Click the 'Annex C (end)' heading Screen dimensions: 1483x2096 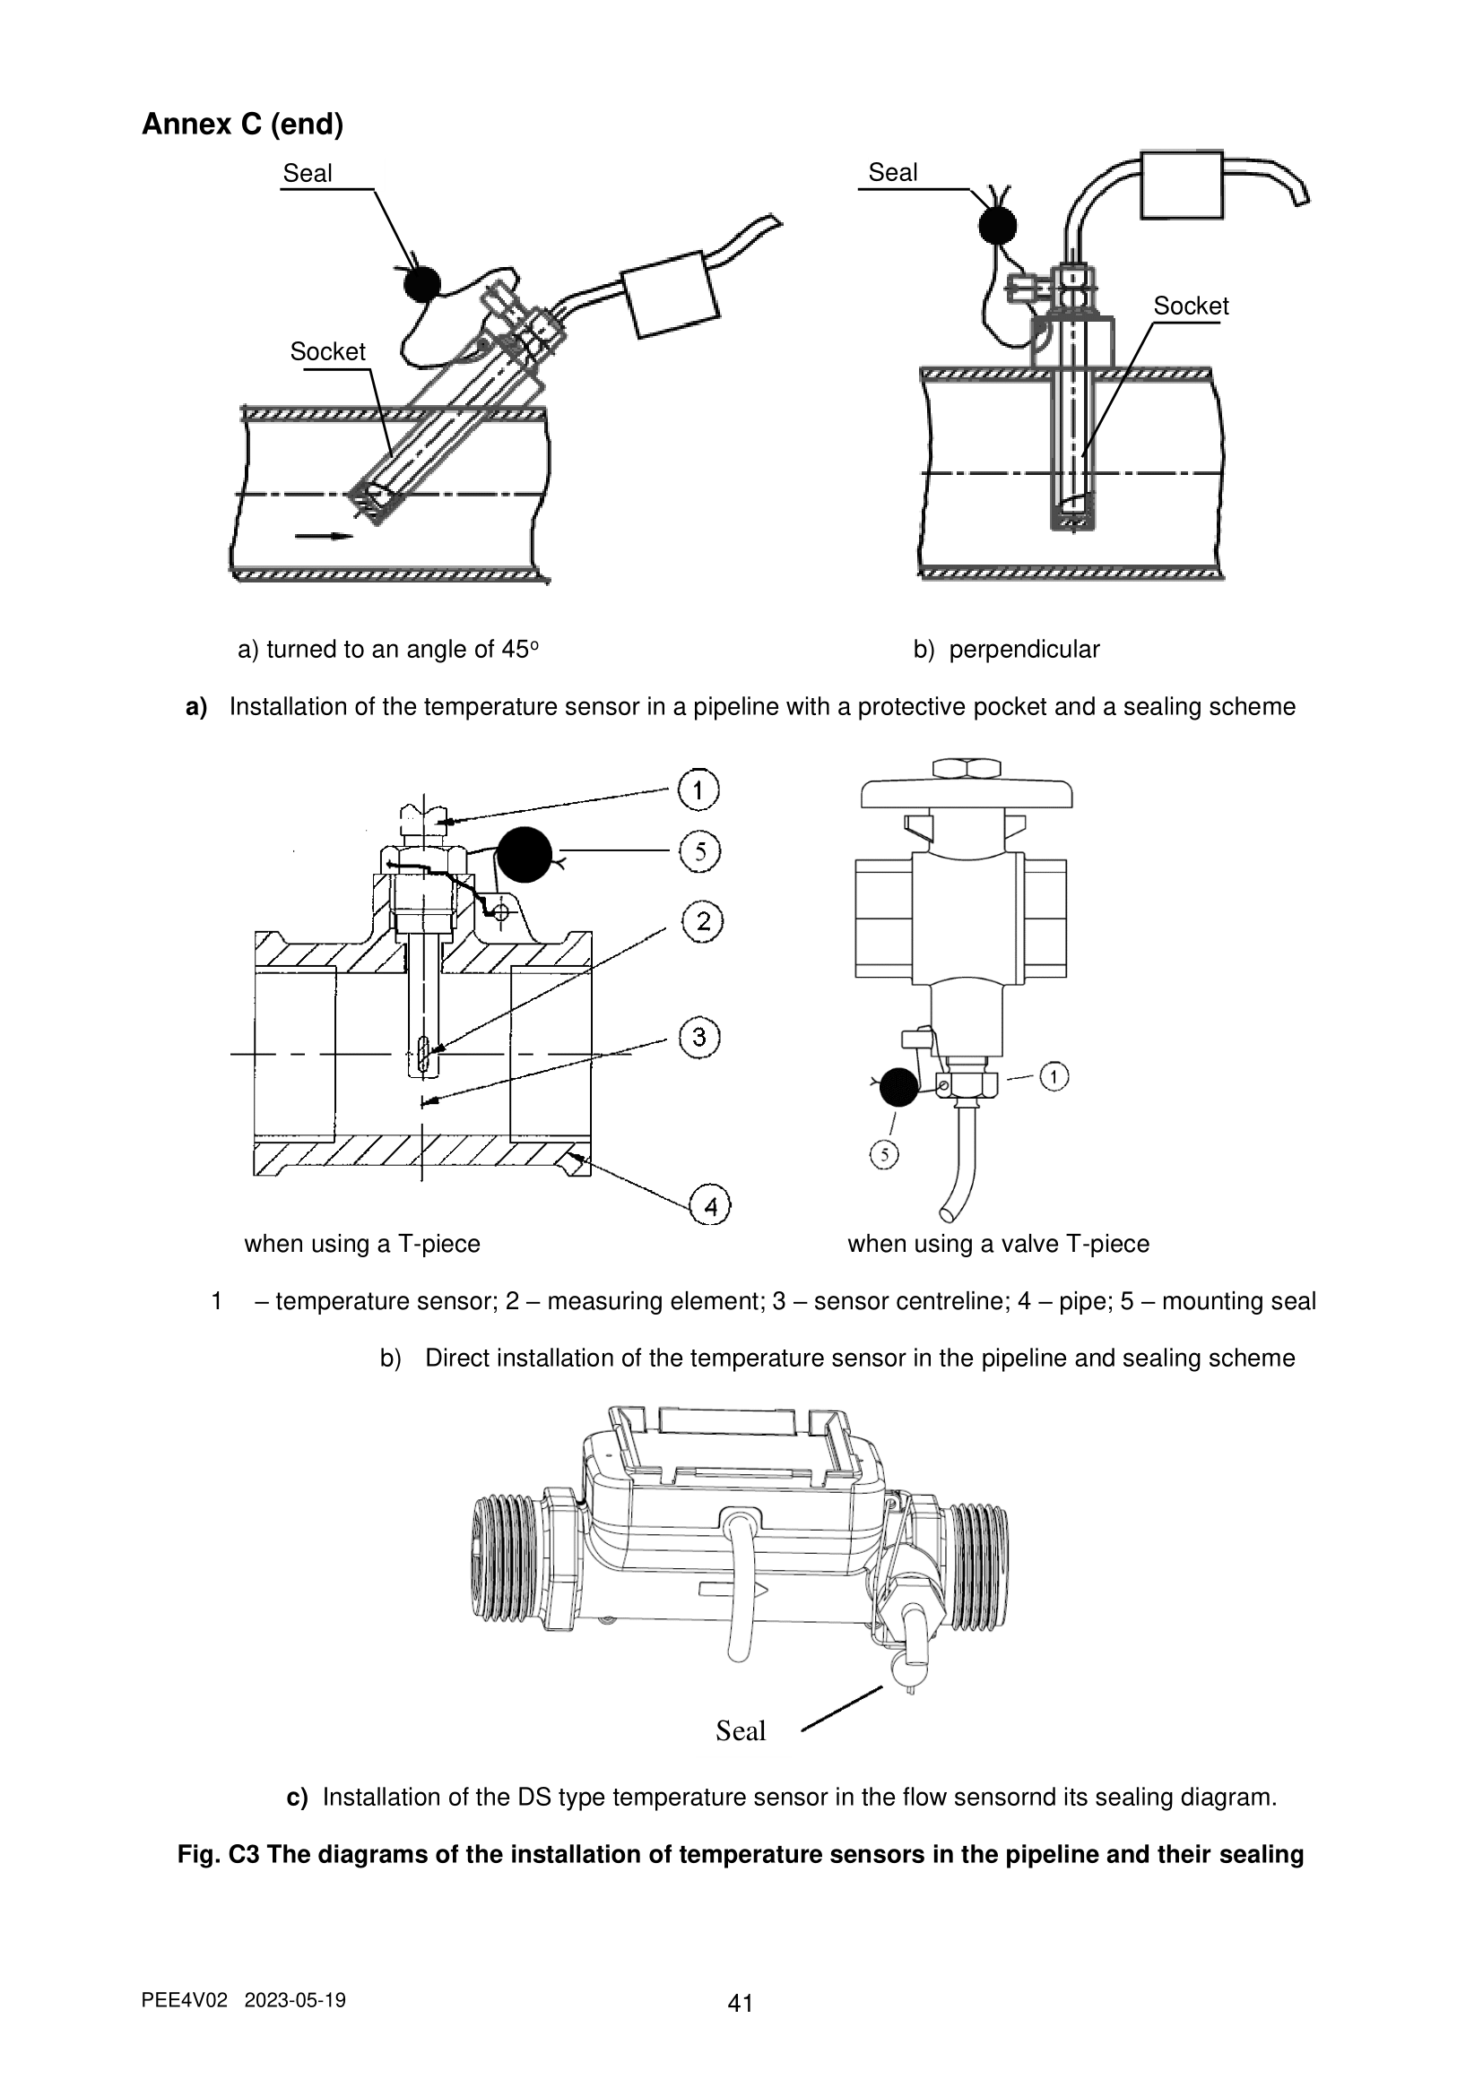(242, 125)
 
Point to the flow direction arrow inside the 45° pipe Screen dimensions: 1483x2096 (324, 537)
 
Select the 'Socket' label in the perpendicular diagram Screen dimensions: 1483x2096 (1191, 306)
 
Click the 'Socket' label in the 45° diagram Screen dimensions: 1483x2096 (327, 351)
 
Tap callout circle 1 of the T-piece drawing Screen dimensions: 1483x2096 (698, 790)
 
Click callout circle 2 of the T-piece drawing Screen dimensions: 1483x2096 (702, 922)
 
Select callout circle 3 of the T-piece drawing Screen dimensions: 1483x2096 (699, 1038)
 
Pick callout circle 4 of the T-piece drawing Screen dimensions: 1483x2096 (710, 1207)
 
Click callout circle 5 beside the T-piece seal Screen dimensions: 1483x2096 (700, 851)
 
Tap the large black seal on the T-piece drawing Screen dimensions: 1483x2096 (525, 855)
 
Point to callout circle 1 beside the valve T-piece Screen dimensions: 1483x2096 (1054, 1077)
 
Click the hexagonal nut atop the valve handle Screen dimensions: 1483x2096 (968, 768)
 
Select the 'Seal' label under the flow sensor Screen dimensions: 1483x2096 (741, 1731)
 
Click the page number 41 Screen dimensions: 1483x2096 (741, 2004)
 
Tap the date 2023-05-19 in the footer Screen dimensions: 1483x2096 (296, 2000)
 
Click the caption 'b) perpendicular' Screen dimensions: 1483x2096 (1006, 649)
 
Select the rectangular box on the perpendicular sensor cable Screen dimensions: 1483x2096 (1182, 185)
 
